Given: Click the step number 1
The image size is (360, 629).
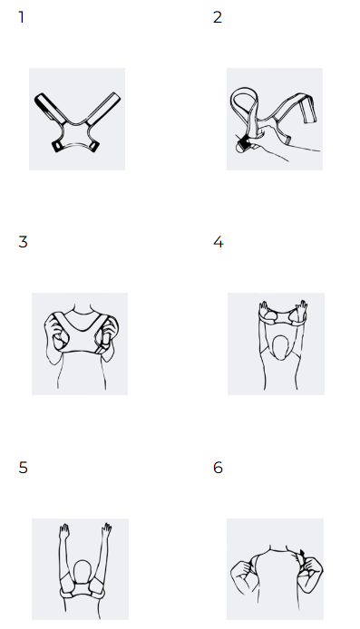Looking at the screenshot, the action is click(x=21, y=17).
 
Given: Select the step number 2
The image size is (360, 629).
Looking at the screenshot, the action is click(x=217, y=17).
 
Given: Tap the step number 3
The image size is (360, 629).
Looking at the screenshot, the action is click(x=23, y=242).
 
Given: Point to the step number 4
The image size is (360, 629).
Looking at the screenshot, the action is click(x=218, y=242).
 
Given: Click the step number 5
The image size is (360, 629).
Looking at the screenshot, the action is click(x=23, y=468).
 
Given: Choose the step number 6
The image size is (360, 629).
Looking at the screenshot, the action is click(x=218, y=468).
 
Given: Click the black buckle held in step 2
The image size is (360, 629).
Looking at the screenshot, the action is click(x=243, y=143).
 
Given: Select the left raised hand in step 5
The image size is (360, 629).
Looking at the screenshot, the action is click(x=64, y=531).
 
